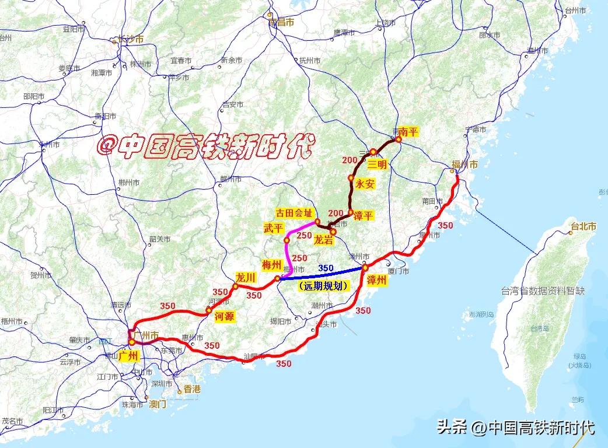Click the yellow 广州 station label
pyautogui.click(x=128, y=355)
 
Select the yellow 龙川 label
pyautogui.click(x=245, y=278)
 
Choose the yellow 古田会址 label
pyautogui.click(x=295, y=212)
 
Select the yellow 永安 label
pyautogui.click(x=365, y=184)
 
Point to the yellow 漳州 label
pyautogui.click(x=378, y=280)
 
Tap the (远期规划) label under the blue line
pyautogui.click(x=323, y=286)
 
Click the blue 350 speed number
pyautogui.click(x=326, y=268)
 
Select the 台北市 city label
pyautogui.click(x=583, y=227)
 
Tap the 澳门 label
pyautogui.click(x=158, y=404)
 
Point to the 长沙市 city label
pyautogui.click(x=131, y=40)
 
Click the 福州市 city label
pyautogui.click(x=465, y=165)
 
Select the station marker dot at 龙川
pyautogui.click(x=235, y=286)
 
